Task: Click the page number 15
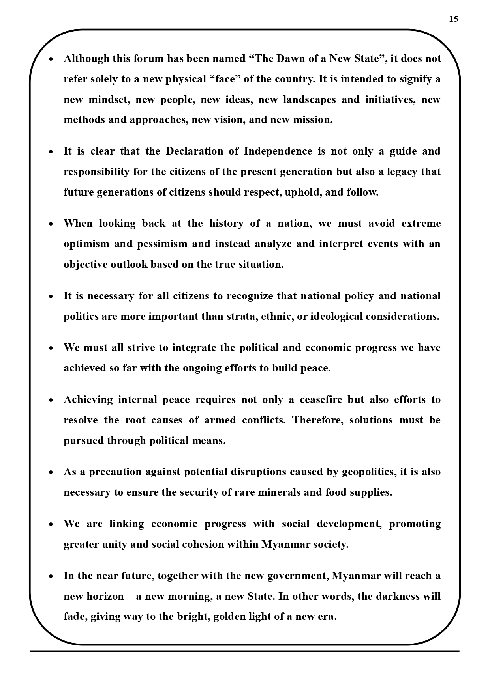[x=453, y=19]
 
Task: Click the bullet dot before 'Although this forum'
[x=51, y=60]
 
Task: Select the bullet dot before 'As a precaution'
[x=51, y=473]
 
